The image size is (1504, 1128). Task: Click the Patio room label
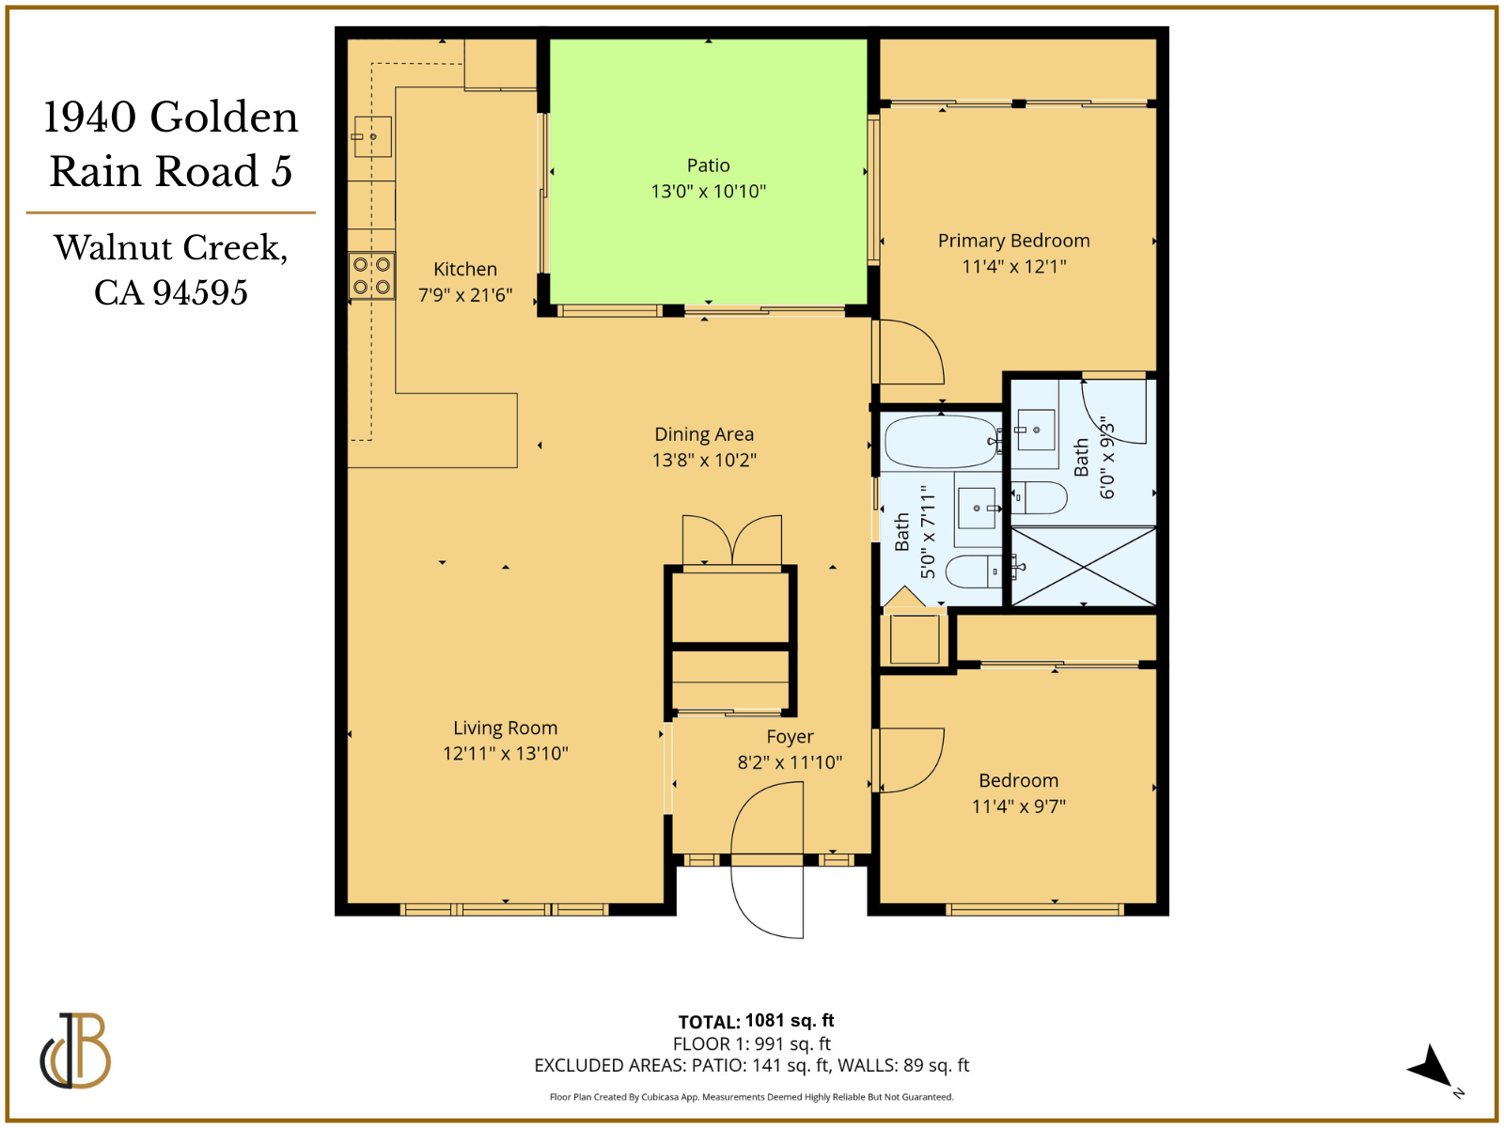(x=708, y=165)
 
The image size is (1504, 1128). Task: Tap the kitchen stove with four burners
(x=371, y=275)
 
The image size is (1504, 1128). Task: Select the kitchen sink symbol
(x=372, y=137)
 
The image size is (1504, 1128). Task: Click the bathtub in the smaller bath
(x=941, y=441)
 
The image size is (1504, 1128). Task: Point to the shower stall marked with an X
(x=1083, y=567)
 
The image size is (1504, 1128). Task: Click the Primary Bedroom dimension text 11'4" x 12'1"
(x=1013, y=267)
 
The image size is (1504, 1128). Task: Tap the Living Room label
(x=505, y=728)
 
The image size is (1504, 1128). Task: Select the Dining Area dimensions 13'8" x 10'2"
(x=704, y=461)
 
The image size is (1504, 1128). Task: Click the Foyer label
(x=790, y=737)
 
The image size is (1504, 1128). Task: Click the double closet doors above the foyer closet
(x=731, y=540)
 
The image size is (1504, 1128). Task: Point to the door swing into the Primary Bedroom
(x=910, y=352)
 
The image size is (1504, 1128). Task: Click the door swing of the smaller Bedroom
(x=910, y=760)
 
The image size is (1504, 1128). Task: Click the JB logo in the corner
(x=75, y=1051)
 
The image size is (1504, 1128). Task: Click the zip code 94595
(x=200, y=292)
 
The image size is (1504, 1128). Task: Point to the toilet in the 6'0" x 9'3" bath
(x=1040, y=497)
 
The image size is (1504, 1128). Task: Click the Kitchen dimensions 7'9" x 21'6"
(x=464, y=295)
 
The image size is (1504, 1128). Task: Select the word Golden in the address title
(x=224, y=117)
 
